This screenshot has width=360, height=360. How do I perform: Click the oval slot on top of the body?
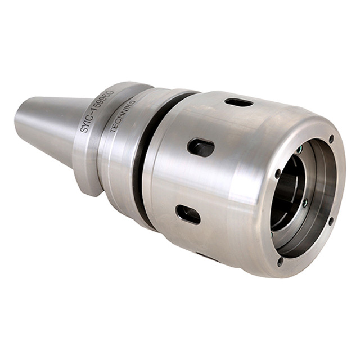pyautogui.click(x=238, y=102)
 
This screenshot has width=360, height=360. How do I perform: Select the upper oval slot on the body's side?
pyautogui.click(x=201, y=147)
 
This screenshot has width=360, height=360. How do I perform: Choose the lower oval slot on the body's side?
pyautogui.click(x=188, y=214)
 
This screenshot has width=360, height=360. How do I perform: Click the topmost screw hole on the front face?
pyautogui.click(x=331, y=138)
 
